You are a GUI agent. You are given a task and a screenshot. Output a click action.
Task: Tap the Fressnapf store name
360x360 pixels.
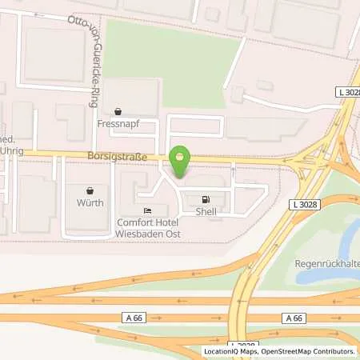tap(118, 124)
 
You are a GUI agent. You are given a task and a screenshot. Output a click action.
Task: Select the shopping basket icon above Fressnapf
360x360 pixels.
tap(118, 112)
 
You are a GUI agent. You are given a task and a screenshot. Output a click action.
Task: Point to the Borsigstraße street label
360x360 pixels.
tap(120, 157)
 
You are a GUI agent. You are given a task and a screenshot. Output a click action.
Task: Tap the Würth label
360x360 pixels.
tap(91, 203)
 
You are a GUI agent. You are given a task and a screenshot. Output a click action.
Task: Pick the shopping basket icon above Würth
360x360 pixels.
tap(90, 191)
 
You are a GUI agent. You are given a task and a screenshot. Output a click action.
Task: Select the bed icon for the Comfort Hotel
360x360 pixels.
tap(146, 211)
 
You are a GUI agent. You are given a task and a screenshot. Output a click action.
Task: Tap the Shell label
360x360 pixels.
tap(206, 212)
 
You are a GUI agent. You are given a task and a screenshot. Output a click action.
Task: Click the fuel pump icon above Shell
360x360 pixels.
tap(206, 200)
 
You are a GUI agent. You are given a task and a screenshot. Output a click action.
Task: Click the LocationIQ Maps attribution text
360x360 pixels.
tap(232, 351)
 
